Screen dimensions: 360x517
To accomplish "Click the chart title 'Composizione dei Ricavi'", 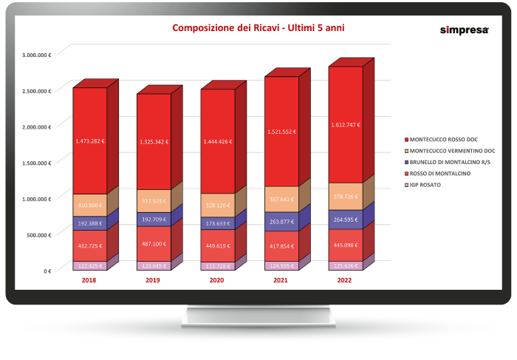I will (x=258, y=28).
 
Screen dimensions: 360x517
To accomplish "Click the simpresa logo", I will (x=459, y=30).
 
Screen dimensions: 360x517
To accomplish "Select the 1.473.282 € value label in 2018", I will (x=89, y=140).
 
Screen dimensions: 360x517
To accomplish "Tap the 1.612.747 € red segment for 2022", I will (x=345, y=126).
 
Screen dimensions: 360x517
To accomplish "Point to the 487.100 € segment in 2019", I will (x=153, y=243).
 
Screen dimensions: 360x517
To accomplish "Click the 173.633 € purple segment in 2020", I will (x=217, y=223).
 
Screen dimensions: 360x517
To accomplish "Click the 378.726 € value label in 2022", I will (x=345, y=197).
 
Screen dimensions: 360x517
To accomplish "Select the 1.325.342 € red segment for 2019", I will (x=153, y=140).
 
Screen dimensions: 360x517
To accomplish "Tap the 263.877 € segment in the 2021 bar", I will (x=281, y=221).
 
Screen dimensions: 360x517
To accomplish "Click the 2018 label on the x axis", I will (x=89, y=281).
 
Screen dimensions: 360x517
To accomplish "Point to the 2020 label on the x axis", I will (x=217, y=281).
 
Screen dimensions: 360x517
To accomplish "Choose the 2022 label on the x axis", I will (x=345, y=281).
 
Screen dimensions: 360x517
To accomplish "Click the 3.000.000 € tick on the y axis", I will (x=36, y=55).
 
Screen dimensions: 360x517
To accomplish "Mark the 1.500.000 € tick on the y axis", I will (x=36, y=163).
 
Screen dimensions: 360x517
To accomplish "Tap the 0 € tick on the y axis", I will (x=47, y=271).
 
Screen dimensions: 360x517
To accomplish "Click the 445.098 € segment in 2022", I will (x=345, y=245).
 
